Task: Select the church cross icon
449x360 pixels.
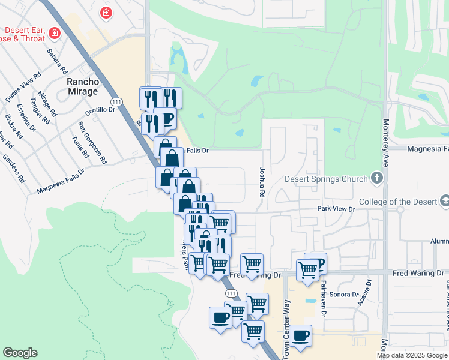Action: pyautogui.click(x=376, y=178)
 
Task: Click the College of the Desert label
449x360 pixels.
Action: pyautogui.click(x=397, y=202)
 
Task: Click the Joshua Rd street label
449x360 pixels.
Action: pyautogui.click(x=261, y=182)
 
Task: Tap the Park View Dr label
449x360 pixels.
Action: pyautogui.click(x=336, y=209)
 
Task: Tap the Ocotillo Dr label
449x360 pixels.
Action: pyautogui.click(x=99, y=110)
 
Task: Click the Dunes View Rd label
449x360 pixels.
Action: pyautogui.click(x=23, y=90)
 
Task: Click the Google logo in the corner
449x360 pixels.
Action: pyautogui.click(x=20, y=353)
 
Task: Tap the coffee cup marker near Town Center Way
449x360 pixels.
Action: pyautogui.click(x=301, y=335)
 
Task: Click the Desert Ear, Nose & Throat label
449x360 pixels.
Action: pyautogui.click(x=28, y=35)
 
